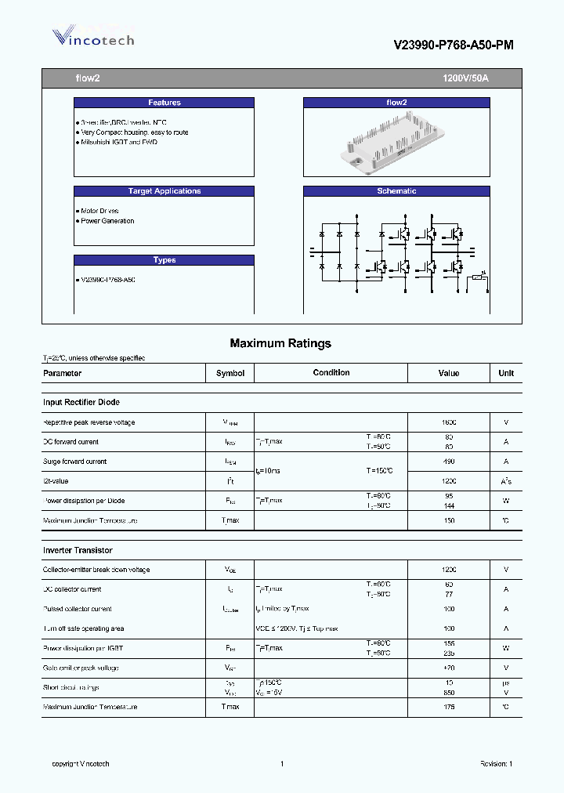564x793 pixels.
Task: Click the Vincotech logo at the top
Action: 93,37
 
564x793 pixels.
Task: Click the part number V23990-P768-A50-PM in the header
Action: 454,45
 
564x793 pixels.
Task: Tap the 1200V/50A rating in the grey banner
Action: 465,78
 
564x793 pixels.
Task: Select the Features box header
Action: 164,103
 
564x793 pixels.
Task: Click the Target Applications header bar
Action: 164,191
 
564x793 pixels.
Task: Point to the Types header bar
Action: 164,260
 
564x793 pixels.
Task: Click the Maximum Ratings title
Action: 280,343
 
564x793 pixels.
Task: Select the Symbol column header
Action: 230,374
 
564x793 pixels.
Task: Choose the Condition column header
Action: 331,373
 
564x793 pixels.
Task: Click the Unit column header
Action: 506,374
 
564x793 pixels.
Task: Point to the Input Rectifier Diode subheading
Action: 81,402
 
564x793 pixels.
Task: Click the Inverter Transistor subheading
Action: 78,551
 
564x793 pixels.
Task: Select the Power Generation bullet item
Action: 107,221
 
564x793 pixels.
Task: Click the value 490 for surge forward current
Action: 449,462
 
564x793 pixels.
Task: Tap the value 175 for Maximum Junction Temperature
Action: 449,707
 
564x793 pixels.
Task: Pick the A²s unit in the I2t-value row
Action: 506,481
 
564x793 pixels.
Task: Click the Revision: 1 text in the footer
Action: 496,764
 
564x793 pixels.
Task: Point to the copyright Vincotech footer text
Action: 81,764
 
